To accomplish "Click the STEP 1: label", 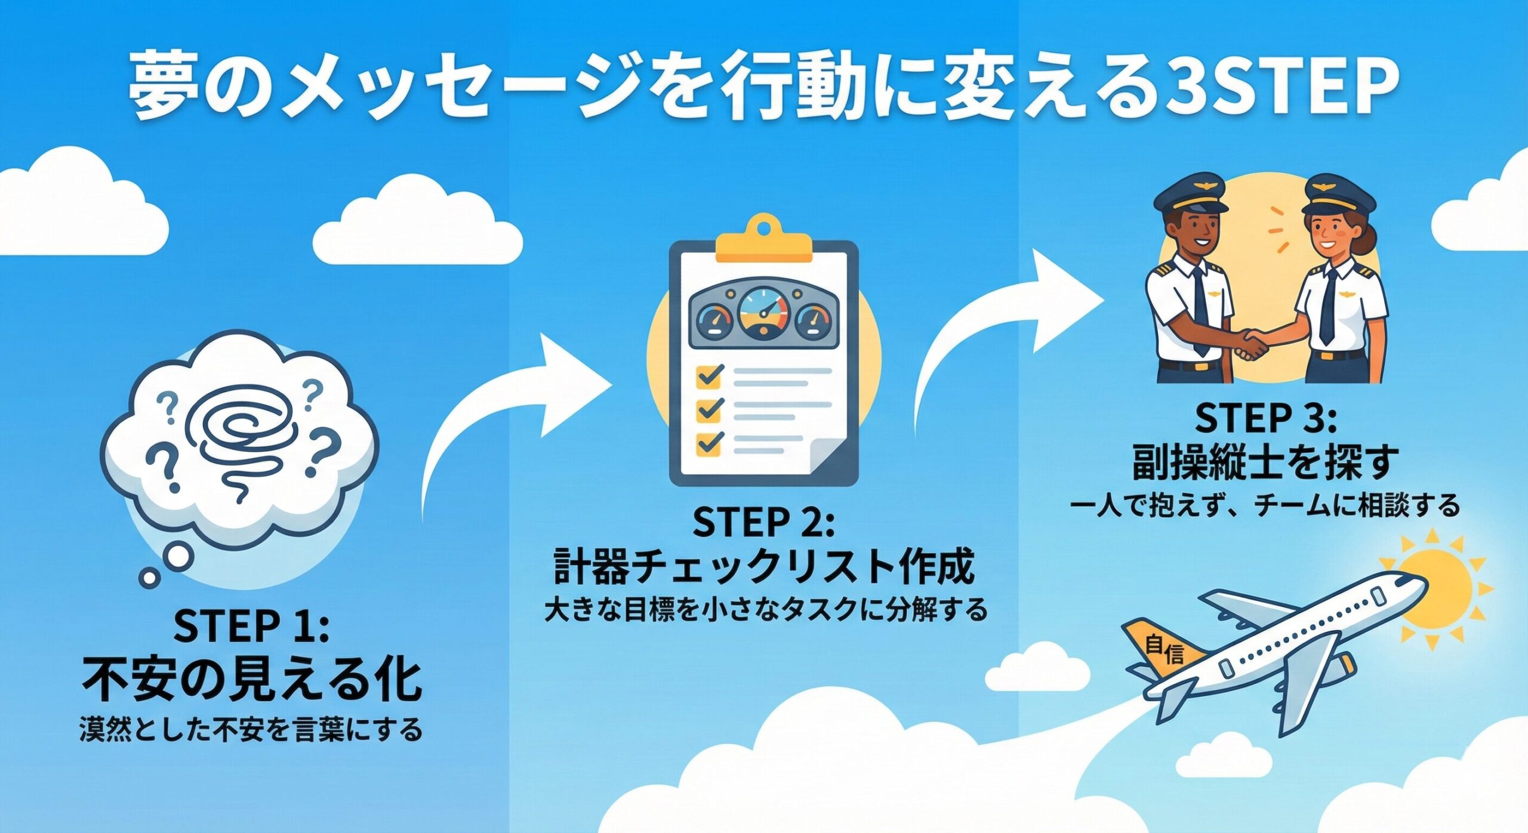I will (x=251, y=625).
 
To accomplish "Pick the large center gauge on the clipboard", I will (x=763, y=313).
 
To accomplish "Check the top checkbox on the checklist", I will (x=710, y=375).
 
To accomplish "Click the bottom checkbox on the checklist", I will (x=710, y=442).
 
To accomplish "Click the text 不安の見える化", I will (x=251, y=679).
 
